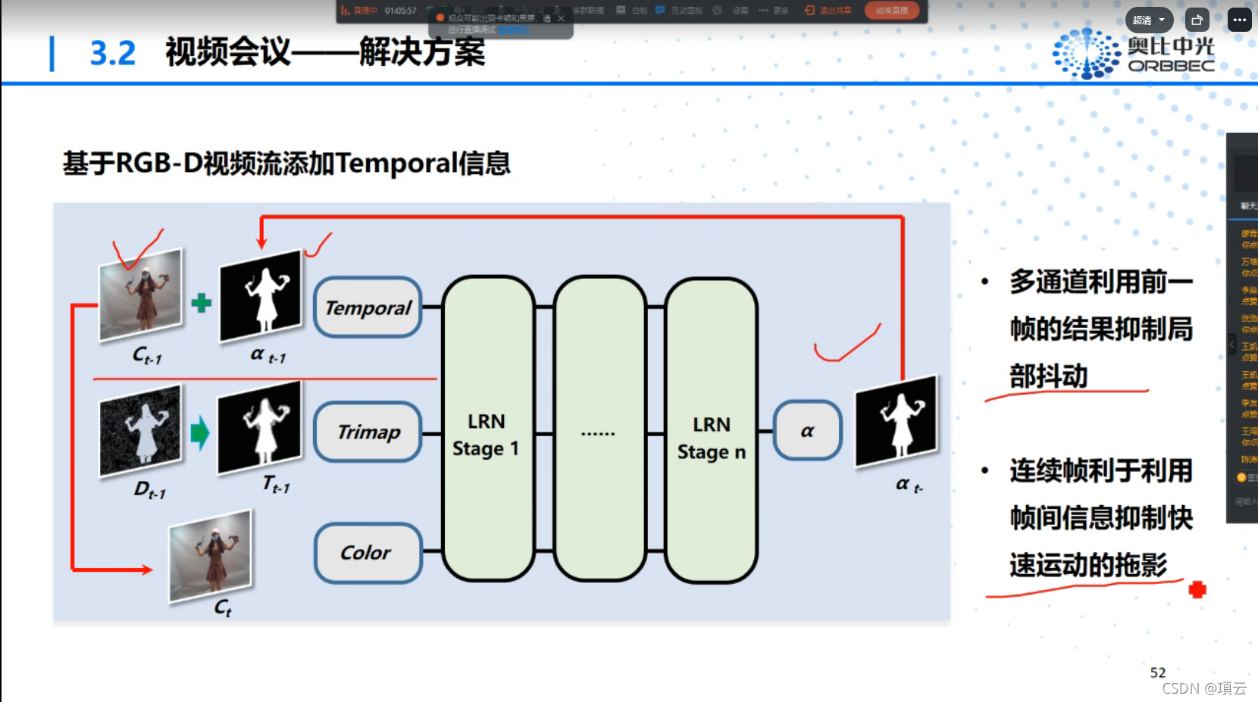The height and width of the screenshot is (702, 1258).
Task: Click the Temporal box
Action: tap(368, 307)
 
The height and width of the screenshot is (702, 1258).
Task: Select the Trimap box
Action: tap(368, 432)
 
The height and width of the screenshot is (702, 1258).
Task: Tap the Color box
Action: tap(368, 553)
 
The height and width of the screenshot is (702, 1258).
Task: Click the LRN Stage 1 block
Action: tap(487, 429)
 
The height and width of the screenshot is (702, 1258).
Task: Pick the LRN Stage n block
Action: tap(711, 430)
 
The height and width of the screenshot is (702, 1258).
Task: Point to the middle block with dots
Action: tap(599, 429)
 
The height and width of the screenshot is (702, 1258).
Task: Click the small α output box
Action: tap(807, 431)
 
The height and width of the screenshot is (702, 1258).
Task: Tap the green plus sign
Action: tap(201, 304)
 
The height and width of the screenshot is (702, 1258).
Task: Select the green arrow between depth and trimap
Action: tap(199, 432)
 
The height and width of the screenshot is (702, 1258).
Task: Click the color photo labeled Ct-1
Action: tap(141, 295)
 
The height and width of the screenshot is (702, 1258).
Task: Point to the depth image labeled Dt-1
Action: tap(141, 429)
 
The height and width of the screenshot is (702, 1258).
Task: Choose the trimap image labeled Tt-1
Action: tap(260, 427)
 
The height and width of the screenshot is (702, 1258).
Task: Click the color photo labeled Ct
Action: tap(211, 555)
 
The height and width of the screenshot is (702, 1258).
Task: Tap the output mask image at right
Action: tap(897, 421)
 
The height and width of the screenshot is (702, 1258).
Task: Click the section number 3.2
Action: tap(113, 53)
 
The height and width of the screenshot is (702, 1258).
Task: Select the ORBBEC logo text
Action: tap(1171, 66)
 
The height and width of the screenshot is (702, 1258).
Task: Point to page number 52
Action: tap(1157, 672)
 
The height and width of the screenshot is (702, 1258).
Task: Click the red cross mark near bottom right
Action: tap(1197, 589)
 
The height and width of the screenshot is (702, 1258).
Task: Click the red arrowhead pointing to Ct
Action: tap(144, 569)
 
